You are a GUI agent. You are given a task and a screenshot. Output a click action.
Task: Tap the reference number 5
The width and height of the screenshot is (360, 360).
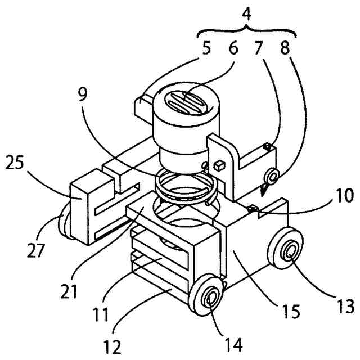[208, 49]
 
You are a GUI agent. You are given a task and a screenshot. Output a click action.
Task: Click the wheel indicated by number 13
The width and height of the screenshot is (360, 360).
[289, 251]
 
